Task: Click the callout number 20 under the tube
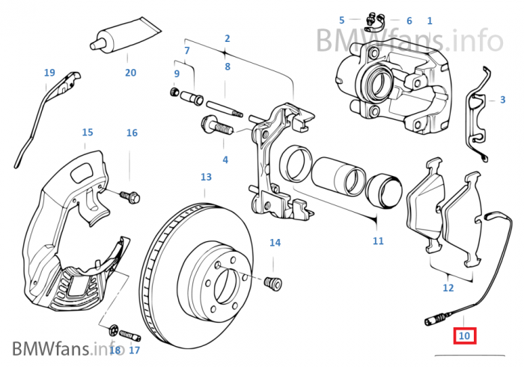[130, 73]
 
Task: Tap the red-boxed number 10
[465, 336]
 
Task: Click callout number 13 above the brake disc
[206, 177]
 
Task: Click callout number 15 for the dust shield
[88, 133]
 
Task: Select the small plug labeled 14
[274, 283]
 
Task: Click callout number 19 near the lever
[49, 73]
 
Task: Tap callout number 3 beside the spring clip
[492, 100]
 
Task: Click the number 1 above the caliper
[430, 21]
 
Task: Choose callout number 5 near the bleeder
[341, 20]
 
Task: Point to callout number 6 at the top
[409, 21]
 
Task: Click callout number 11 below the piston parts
[378, 240]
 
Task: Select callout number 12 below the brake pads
[448, 287]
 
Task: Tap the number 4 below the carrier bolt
[225, 160]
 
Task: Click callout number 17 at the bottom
[135, 350]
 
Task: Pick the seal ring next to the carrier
[295, 163]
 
